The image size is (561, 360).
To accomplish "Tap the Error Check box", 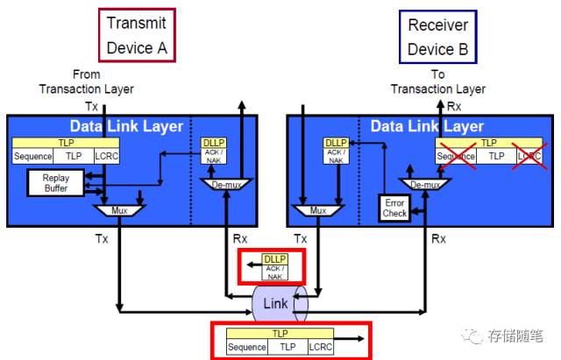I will (x=394, y=207).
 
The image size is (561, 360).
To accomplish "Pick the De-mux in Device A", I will (x=226, y=185).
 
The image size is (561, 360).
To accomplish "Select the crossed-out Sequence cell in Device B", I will (x=456, y=156).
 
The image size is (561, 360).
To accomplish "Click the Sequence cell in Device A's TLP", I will (x=33, y=156).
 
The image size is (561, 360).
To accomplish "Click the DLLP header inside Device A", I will (x=214, y=142).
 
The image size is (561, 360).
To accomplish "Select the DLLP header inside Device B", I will (x=336, y=142).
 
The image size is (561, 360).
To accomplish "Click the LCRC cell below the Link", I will (x=321, y=347).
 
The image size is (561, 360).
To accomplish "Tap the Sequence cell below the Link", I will (x=246, y=347).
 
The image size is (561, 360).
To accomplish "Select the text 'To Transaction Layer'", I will (x=437, y=82).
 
